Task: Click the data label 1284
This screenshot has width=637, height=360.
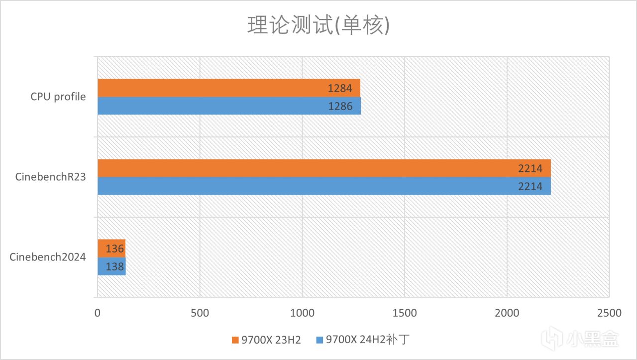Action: tap(340, 89)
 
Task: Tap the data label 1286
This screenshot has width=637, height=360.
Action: tap(340, 106)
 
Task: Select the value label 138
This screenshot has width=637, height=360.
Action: tap(115, 266)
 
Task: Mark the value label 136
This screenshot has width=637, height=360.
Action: tap(115, 248)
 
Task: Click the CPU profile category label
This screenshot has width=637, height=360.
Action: tap(58, 97)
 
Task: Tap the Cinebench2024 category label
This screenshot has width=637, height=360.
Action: tap(48, 257)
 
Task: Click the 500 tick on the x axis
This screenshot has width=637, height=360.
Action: tap(200, 313)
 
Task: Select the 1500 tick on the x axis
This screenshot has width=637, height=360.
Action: tap(404, 313)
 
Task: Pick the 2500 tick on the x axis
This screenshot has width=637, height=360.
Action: tap(609, 313)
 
